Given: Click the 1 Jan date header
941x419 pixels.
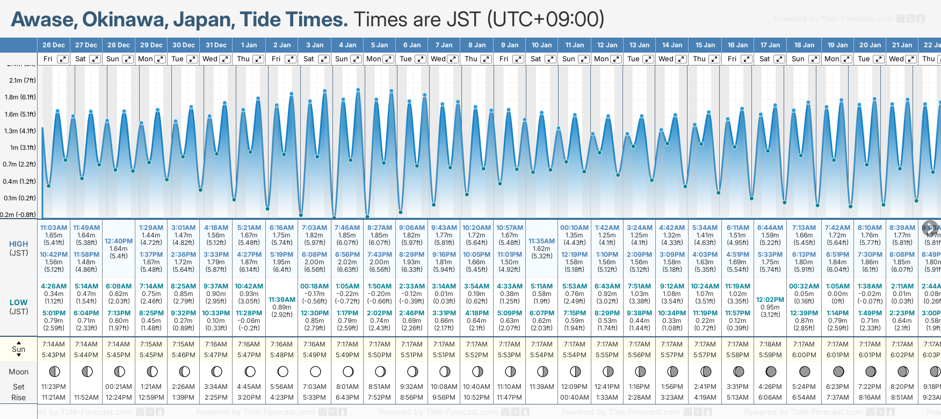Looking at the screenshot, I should click(249, 45).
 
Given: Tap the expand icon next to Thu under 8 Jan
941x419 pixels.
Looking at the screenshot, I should click(486, 59).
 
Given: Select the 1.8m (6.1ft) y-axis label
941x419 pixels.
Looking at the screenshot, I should click(20, 97).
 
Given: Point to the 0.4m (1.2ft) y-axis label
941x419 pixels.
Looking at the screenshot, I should click(20, 182).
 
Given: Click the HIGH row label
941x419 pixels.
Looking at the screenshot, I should click(19, 244).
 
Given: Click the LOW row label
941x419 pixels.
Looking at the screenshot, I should click(19, 302).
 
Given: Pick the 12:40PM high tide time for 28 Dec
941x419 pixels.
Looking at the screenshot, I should click(119, 241).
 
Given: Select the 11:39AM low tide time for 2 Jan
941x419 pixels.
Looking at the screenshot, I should click(282, 300).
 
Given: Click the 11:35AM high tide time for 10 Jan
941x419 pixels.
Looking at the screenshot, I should click(541, 241).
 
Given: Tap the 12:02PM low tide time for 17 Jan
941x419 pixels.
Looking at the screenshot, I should click(770, 300).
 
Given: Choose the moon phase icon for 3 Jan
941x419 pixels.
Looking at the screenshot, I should click(315, 371).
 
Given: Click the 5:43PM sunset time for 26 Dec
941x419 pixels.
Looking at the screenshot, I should click(54, 355).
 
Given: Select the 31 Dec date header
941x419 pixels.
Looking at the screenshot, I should click(216, 45).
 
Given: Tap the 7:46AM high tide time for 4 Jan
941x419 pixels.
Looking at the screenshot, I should click(348, 228).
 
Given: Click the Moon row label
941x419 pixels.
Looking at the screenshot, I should click(19, 372).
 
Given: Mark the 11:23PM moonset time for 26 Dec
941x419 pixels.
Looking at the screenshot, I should click(54, 387).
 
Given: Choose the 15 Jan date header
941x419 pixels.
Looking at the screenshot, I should click(705, 45).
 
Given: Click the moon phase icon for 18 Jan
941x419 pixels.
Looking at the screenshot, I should click(805, 371).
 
